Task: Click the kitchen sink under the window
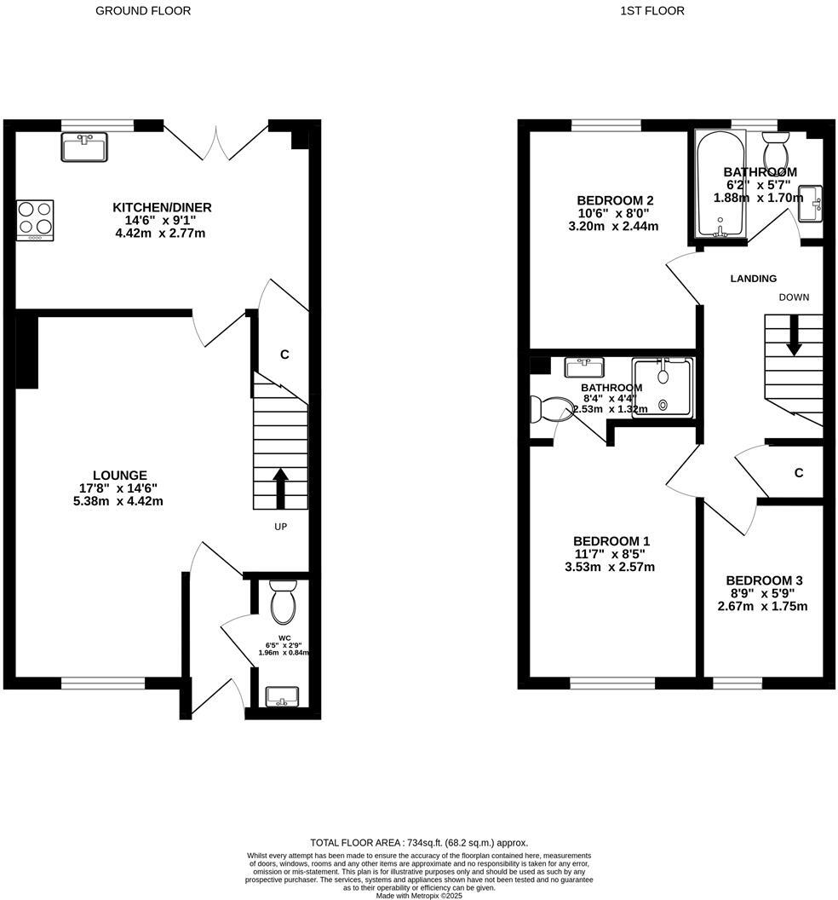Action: [84, 147]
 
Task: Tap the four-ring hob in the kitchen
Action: [35, 220]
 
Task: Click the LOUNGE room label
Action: [120, 476]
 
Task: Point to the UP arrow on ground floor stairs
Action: [279, 486]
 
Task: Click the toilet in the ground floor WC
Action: [282, 602]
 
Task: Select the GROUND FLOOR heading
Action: [143, 11]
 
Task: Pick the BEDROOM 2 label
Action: [615, 201]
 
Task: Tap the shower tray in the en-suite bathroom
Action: [663, 388]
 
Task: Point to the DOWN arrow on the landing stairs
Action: [794, 336]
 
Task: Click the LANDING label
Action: [754, 279]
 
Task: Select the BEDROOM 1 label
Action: [611, 541]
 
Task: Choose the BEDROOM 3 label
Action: [763, 580]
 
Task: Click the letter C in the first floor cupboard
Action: [799, 473]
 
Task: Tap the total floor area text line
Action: [419, 842]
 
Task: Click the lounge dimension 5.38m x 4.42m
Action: [120, 501]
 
